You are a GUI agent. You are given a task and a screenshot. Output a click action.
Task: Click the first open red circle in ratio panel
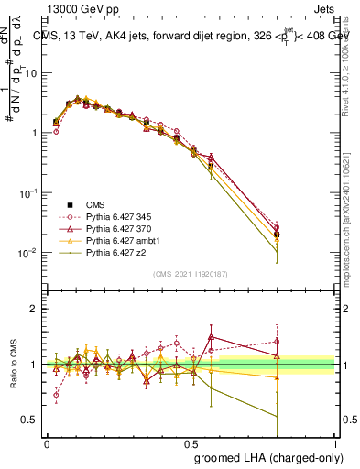(56, 397)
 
